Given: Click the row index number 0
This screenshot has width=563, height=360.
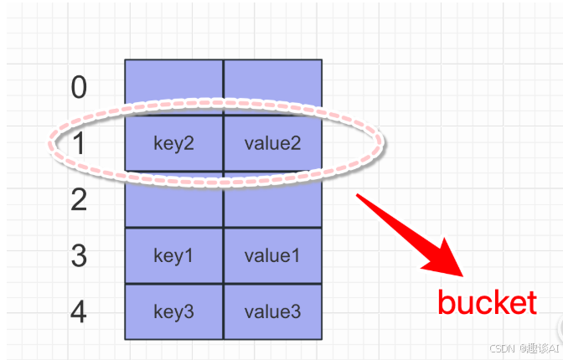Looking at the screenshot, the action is pyautogui.click(x=79, y=87).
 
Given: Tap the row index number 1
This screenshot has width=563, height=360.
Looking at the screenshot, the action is pyautogui.click(x=79, y=144).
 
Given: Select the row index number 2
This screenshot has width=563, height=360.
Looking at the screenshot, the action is pyautogui.click(x=79, y=200).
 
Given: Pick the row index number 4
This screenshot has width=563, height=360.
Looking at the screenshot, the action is pyautogui.click(x=79, y=312).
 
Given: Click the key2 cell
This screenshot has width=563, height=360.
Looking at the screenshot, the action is pyautogui.click(x=174, y=143).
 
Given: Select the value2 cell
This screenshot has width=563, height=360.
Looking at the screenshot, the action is pyautogui.click(x=272, y=143).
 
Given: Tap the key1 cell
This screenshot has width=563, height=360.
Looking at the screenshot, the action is pyautogui.click(x=174, y=255).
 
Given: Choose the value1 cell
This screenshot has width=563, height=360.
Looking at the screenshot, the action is pyautogui.click(x=272, y=255).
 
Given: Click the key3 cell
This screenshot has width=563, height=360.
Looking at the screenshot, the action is pyautogui.click(x=174, y=311).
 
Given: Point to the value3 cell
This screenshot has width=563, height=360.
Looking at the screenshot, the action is pyautogui.click(x=272, y=311).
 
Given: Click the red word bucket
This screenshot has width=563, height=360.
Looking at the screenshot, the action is pyautogui.click(x=487, y=302).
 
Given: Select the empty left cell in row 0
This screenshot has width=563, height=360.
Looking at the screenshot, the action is pyautogui.click(x=174, y=87).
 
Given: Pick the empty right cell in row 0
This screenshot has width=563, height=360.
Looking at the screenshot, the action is pyautogui.click(x=272, y=87).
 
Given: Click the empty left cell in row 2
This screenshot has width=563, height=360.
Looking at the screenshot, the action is pyautogui.click(x=174, y=200).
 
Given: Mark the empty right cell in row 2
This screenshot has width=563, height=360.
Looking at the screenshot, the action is pyautogui.click(x=272, y=200).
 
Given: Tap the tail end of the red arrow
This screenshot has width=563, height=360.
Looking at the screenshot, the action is pyautogui.click(x=359, y=197).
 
